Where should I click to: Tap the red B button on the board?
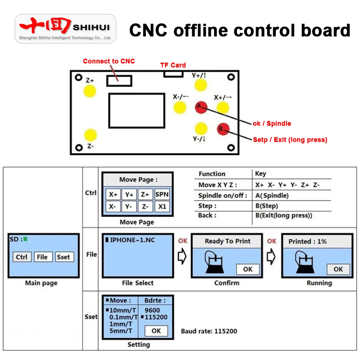[223, 129]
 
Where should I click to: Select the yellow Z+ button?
[90, 91]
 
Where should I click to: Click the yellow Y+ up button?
[201, 85]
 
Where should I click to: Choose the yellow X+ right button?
[223, 107]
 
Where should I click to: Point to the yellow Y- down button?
[201, 128]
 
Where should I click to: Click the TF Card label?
[173, 65]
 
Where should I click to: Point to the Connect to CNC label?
[109, 61]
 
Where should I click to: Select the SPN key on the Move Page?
[162, 194]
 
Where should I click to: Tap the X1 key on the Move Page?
[162, 207]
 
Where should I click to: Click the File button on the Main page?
[42, 257]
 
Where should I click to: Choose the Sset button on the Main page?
[63, 257]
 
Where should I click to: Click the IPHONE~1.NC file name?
[132, 240]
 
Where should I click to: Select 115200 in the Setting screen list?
[158, 317]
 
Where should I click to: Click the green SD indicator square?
[26, 239]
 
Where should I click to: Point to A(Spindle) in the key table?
[272, 196]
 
